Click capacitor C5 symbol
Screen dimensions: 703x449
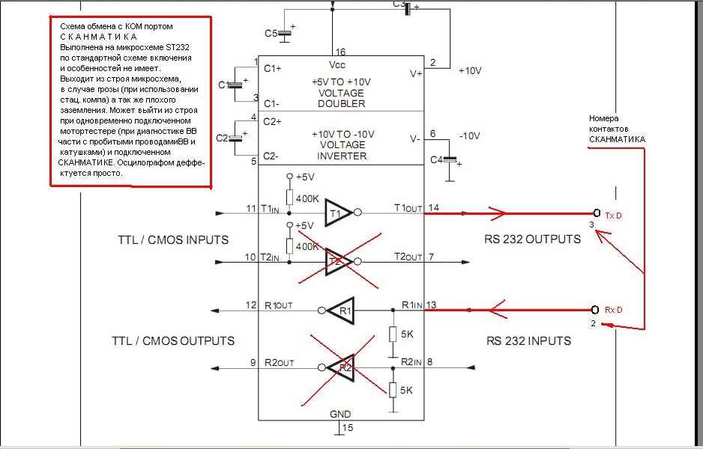coord(284,34)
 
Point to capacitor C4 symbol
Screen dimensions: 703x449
coord(449,160)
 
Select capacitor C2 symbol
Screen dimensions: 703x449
coord(235,138)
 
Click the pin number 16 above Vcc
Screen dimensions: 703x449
coord(340,52)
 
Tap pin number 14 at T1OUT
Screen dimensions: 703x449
coord(434,207)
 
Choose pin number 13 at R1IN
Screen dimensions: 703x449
coord(431,305)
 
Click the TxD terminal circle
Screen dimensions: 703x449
coord(597,213)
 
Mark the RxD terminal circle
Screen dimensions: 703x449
coord(595,310)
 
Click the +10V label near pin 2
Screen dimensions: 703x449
coord(470,71)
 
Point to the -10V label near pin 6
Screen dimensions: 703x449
coord(469,135)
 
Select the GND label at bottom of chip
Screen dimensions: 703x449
coord(340,414)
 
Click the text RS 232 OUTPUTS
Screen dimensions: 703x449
coord(532,239)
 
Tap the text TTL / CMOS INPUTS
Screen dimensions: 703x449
coord(173,240)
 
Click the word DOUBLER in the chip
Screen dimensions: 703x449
coord(342,103)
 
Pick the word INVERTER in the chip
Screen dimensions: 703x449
coord(342,156)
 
